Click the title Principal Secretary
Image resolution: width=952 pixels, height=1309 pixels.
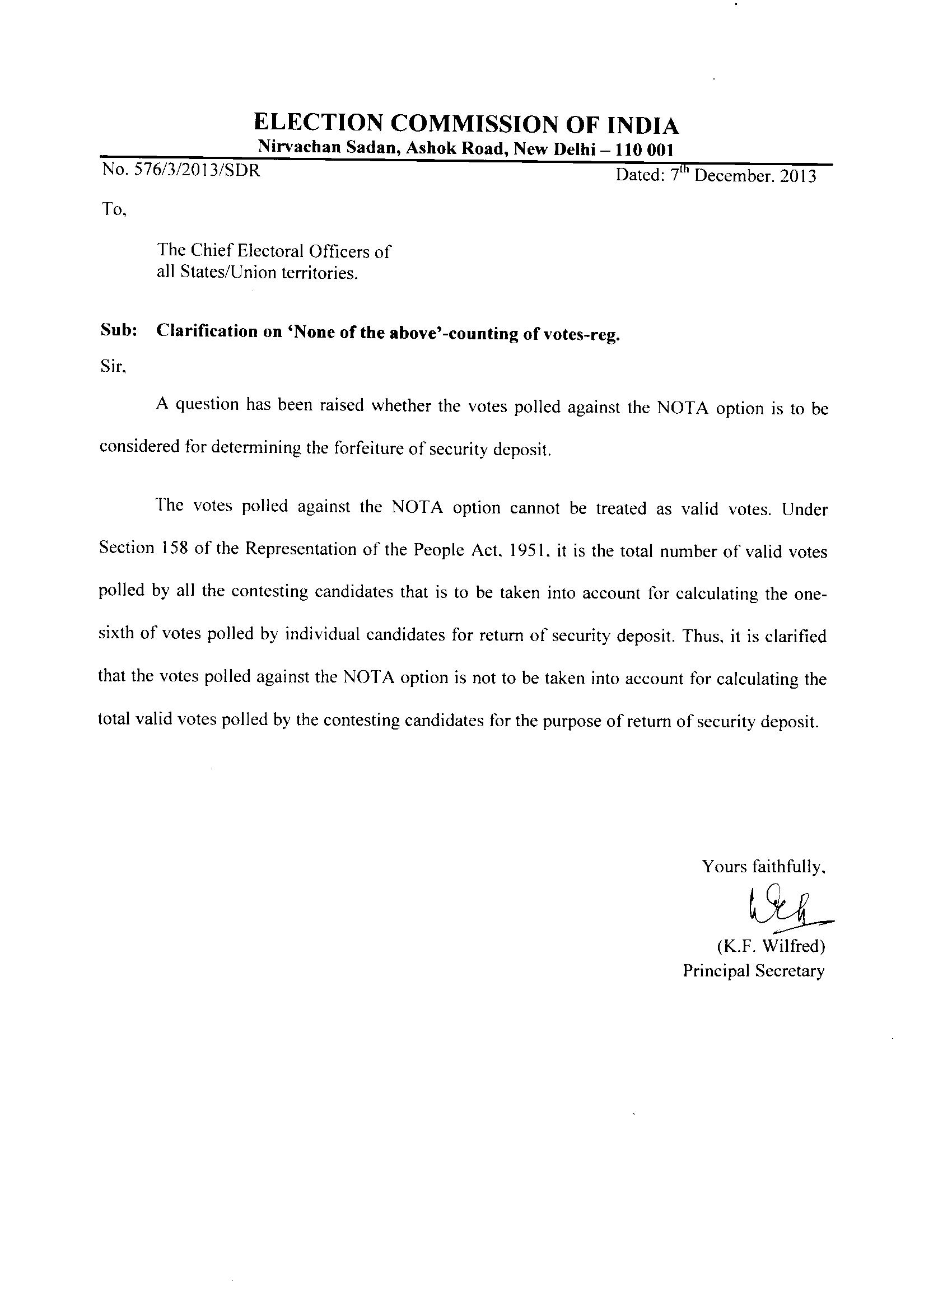[x=753, y=971]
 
